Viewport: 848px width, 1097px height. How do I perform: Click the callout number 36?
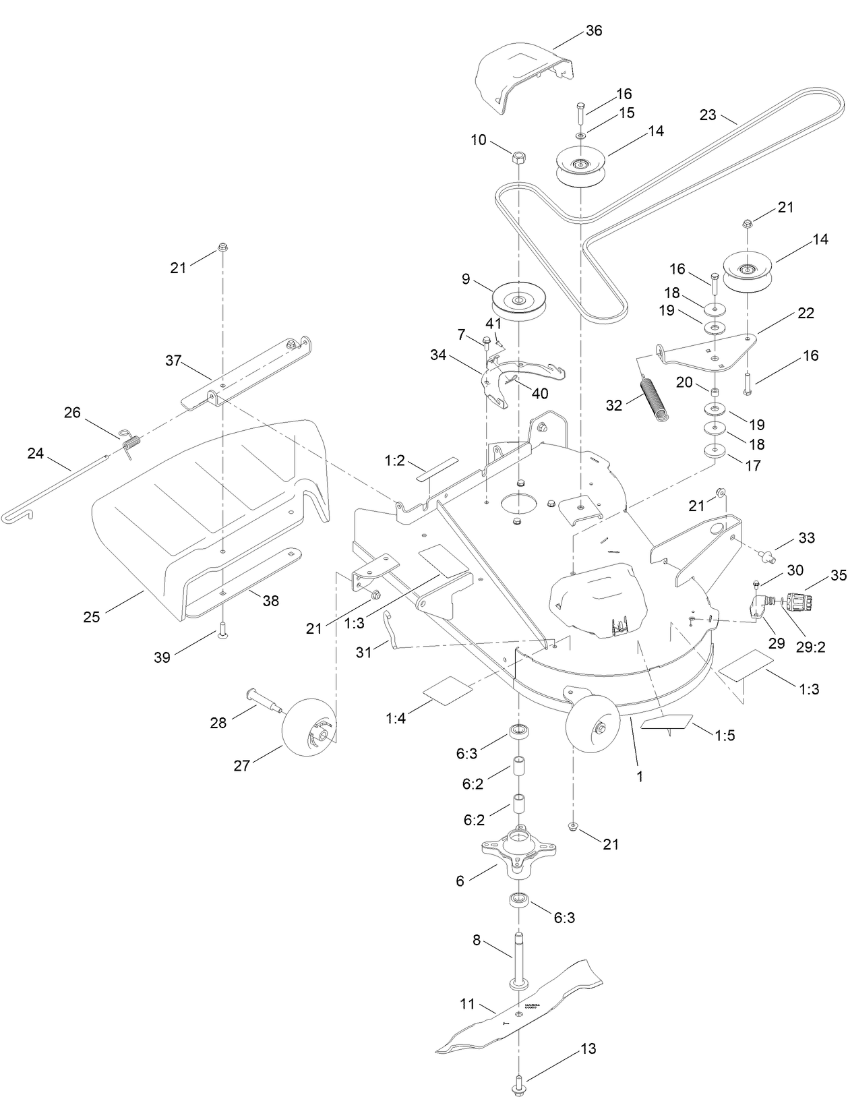[x=594, y=31]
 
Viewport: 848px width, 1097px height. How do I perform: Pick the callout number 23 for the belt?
[x=708, y=115]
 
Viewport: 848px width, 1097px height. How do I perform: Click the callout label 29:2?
[x=811, y=647]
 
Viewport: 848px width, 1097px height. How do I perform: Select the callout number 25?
[x=92, y=616]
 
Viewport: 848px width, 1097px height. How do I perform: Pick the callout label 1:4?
[x=396, y=719]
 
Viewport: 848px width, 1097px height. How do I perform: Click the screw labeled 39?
[x=222, y=631]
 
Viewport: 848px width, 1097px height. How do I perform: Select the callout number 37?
[x=173, y=361]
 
